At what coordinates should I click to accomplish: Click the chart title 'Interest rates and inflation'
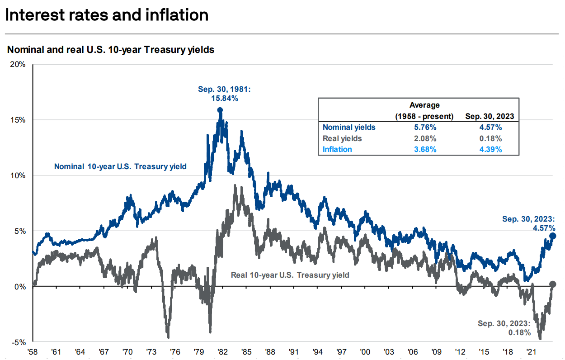[107, 15]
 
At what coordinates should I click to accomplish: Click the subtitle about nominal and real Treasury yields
[111, 50]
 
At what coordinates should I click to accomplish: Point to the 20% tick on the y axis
[18, 64]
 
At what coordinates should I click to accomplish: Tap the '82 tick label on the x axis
[222, 351]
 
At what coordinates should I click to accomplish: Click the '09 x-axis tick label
[436, 351]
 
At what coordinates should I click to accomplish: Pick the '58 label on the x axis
[33, 351]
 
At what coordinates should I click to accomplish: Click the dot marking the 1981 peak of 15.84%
[220, 110]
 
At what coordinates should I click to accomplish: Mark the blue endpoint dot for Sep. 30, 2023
[553, 236]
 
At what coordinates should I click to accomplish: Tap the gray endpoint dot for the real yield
[553, 284]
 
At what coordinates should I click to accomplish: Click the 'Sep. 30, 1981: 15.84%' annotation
[224, 94]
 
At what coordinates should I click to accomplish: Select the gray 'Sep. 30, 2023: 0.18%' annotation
[504, 328]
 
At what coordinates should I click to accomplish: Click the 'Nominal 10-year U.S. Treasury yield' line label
[120, 166]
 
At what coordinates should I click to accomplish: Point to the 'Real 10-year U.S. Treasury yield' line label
[290, 275]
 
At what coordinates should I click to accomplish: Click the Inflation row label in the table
[337, 149]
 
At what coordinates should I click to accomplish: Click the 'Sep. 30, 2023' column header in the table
[490, 117]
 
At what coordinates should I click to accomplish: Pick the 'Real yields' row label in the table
[342, 138]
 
